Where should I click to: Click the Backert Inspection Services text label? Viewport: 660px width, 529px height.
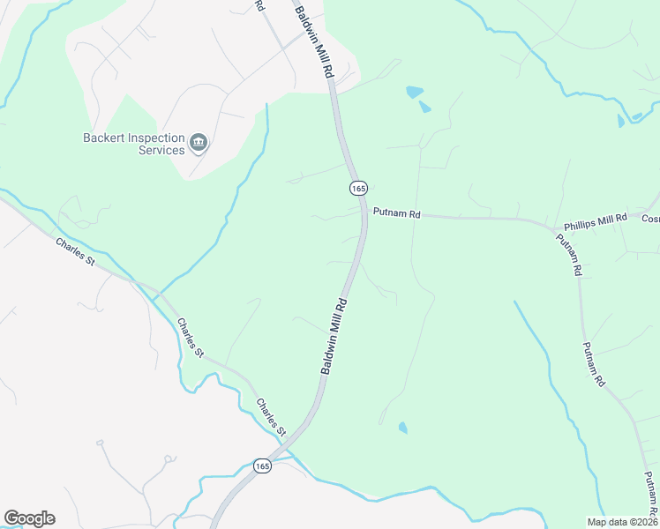tap(133, 144)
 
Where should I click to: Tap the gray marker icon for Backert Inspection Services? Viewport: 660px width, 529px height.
tap(199, 143)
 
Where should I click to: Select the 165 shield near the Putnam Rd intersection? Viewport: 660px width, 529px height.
tap(357, 188)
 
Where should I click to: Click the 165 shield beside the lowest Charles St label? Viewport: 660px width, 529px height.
tap(262, 466)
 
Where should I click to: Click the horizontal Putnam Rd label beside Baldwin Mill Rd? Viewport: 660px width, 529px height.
tap(396, 212)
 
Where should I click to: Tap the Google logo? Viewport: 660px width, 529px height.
tap(29, 518)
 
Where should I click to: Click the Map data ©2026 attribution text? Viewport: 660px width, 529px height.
tap(622, 522)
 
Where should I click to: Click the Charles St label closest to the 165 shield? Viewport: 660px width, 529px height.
tap(271, 418)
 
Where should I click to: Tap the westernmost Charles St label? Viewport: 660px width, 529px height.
tap(75, 251)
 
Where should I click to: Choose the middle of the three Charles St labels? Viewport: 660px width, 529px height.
tap(190, 338)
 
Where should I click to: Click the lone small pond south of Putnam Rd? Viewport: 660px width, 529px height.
tap(403, 428)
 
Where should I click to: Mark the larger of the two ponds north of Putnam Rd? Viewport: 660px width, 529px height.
tap(414, 91)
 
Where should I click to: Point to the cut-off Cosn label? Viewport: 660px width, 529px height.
tap(650, 219)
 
